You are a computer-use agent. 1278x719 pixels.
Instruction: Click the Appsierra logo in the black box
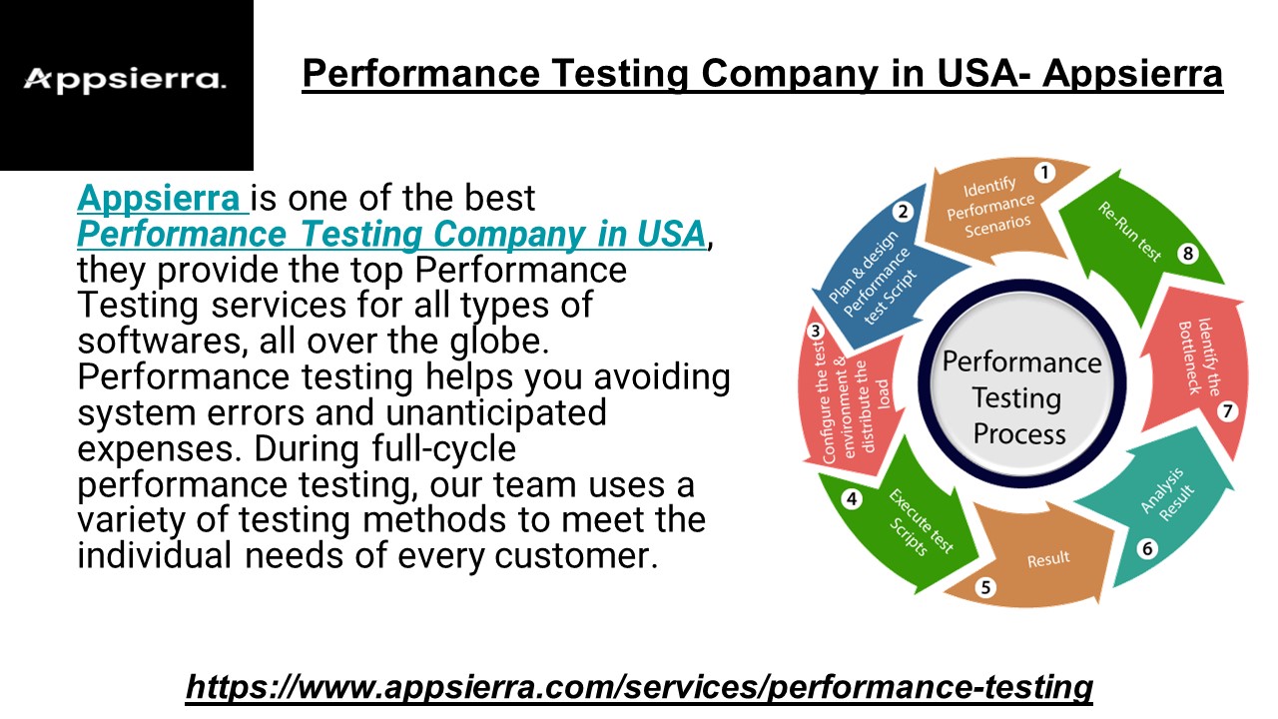[125, 79]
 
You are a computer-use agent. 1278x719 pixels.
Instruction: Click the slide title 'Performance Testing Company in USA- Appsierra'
[762, 75]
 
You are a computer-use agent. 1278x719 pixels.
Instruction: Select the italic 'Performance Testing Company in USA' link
[391, 235]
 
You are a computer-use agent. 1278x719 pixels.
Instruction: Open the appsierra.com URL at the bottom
[639, 687]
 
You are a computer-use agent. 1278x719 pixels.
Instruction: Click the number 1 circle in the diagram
[1044, 173]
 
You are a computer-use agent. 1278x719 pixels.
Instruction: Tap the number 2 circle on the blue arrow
[903, 212]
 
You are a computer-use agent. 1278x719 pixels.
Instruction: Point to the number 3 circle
[816, 332]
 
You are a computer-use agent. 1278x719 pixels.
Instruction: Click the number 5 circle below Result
[985, 587]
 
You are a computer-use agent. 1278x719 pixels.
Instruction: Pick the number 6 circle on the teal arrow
[1147, 548]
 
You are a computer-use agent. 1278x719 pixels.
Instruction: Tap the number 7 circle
[1228, 410]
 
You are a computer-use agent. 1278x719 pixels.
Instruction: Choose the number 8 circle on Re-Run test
[1187, 254]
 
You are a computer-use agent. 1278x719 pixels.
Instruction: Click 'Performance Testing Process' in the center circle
[1019, 397]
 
